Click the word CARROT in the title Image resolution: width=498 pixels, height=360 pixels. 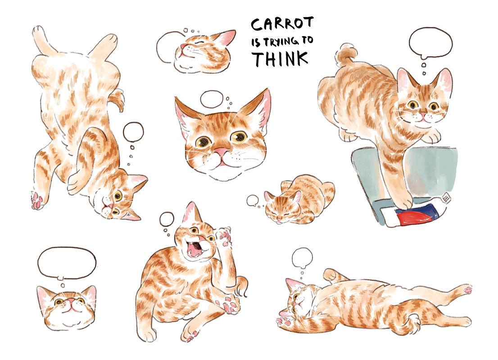[282, 24]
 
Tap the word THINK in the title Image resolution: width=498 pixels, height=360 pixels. [280, 58]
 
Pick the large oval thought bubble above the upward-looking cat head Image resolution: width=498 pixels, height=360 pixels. [67, 264]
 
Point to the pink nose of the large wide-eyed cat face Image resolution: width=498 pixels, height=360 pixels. [221, 152]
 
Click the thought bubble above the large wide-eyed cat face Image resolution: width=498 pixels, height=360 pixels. [212, 99]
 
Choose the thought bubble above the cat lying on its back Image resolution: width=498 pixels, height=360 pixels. [302, 257]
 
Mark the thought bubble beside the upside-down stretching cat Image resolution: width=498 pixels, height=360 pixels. [133, 132]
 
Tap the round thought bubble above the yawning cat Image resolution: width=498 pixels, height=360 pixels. [167, 219]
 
